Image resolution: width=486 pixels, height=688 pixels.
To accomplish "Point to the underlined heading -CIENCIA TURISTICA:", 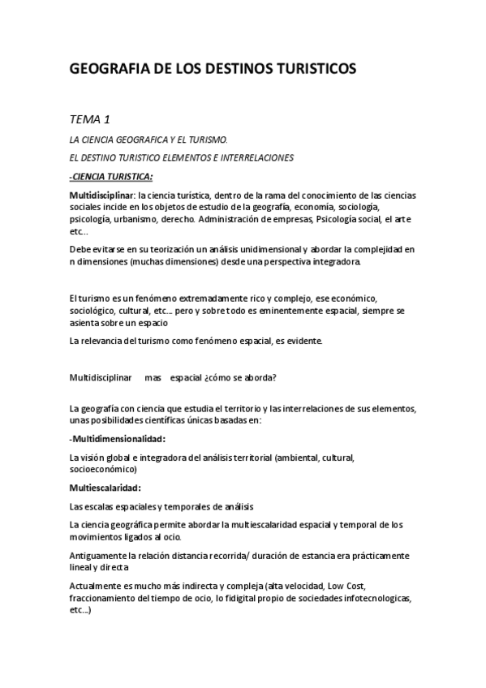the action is pyautogui.click(x=111, y=176).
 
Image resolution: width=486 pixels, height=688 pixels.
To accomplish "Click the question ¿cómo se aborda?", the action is pyautogui.click(x=243, y=377).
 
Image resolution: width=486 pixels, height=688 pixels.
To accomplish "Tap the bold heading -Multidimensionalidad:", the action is pyautogui.click(x=118, y=439).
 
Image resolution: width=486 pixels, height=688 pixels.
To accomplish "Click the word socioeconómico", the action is pyautogui.click(x=102, y=469).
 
